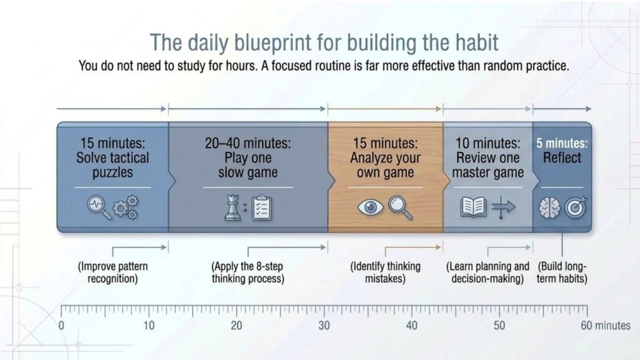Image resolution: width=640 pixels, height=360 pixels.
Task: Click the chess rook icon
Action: tap(232, 207)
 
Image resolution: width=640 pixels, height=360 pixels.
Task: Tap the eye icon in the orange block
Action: tap(370, 207)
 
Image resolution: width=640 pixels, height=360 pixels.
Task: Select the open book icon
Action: tap(473, 207)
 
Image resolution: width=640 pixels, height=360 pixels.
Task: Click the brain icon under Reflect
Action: tap(549, 207)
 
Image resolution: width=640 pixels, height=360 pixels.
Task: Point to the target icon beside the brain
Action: tap(576, 207)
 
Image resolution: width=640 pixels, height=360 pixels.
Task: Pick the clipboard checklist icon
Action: tap(262, 207)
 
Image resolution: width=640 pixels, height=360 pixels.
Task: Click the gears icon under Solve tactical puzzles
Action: tap(125, 207)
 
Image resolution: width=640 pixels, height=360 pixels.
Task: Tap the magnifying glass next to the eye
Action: tap(400, 207)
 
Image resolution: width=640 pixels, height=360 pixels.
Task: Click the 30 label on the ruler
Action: tap(324, 326)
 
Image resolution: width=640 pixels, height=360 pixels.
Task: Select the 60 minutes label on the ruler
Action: tap(606, 326)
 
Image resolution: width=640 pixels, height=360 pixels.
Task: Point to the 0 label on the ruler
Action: tap(61, 326)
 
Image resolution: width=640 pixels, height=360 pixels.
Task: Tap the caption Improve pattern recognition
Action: tap(112, 272)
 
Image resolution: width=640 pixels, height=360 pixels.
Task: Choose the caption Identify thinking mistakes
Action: tap(385, 272)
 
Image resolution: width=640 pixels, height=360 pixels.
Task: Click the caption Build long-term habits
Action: tap(562, 272)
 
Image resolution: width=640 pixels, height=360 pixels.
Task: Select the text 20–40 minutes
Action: tap(247, 143)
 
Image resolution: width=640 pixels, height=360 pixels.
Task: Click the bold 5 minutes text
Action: tap(562, 143)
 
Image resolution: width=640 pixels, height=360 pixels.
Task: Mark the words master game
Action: tap(487, 172)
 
